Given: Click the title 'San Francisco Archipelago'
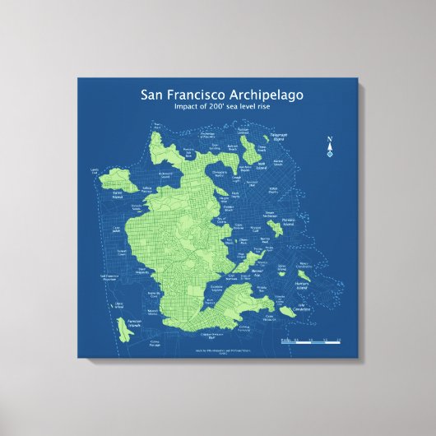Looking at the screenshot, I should pos(221,95).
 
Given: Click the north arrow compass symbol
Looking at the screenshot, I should pos(330,148).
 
